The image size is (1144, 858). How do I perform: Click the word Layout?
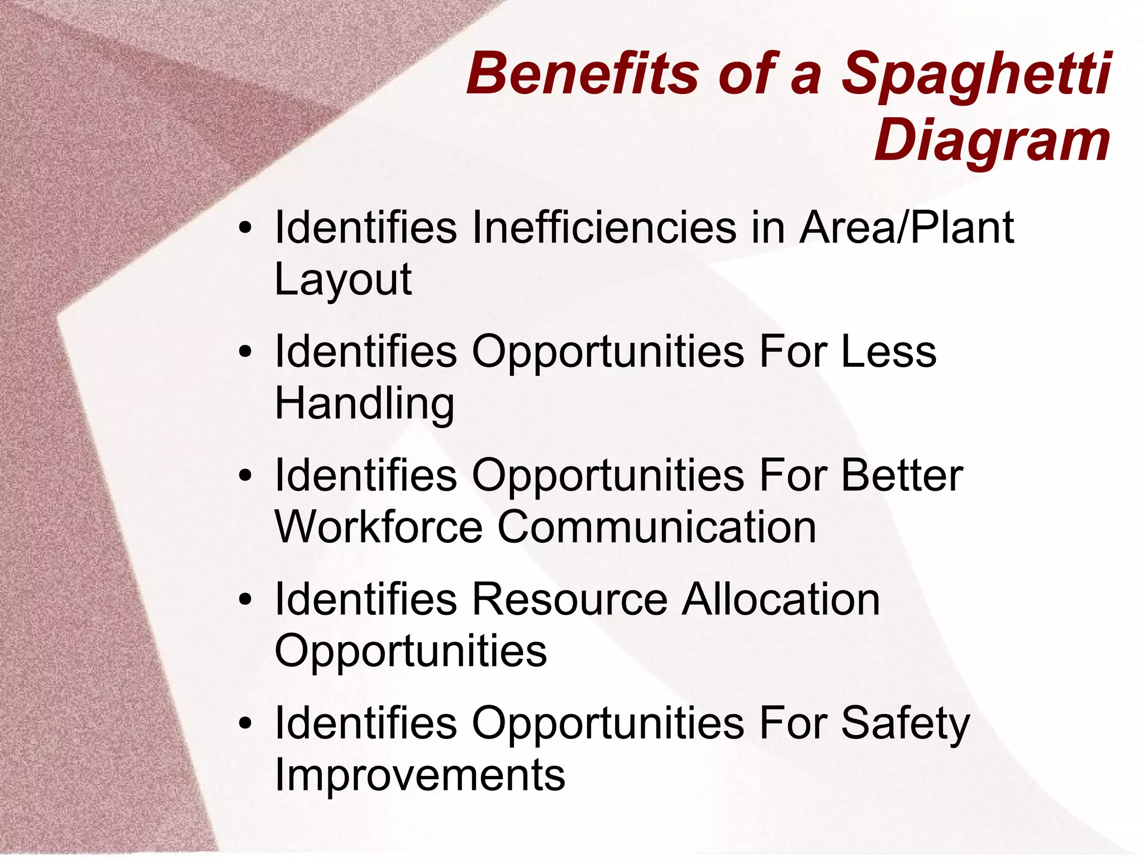coord(343,279)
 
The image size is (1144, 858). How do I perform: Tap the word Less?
coord(889,352)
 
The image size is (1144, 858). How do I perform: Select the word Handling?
coord(364,404)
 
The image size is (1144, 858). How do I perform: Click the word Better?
coord(902,476)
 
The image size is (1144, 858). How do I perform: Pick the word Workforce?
coord(379,527)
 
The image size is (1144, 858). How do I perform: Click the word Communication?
coord(657,527)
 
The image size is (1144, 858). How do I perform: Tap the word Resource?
coord(570,600)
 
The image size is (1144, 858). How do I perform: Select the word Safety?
coord(905,724)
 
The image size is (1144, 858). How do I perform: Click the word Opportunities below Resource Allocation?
coord(411,652)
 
